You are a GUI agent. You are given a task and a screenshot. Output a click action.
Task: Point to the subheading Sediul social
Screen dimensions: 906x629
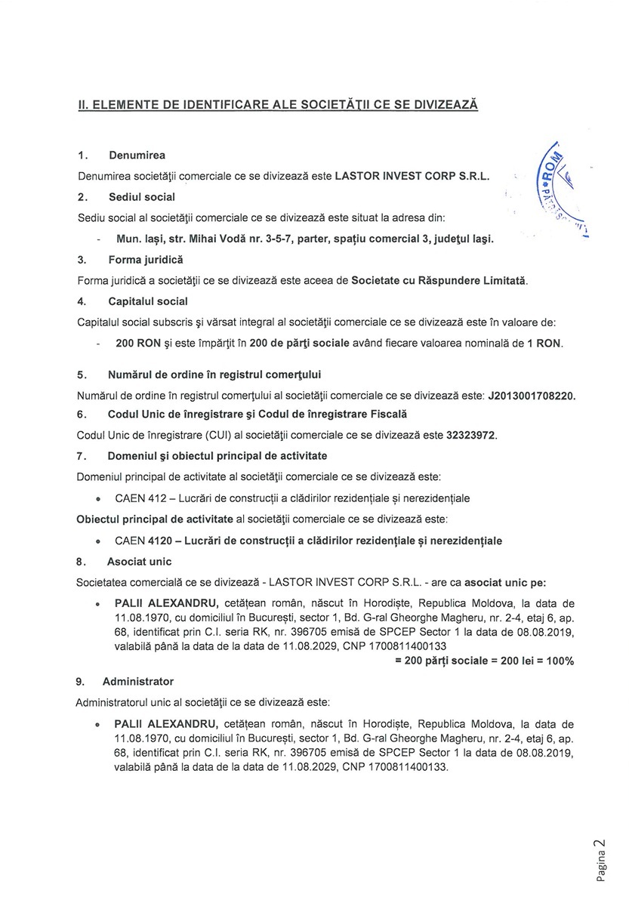141,197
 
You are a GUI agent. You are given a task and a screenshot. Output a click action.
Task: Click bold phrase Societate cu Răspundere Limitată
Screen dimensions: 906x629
439,281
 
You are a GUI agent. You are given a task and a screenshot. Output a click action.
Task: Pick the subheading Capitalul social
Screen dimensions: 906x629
147,301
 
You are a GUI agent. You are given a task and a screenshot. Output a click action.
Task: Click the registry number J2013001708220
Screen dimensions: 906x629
537,395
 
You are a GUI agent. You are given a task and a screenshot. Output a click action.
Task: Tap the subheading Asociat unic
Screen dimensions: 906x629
139,562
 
